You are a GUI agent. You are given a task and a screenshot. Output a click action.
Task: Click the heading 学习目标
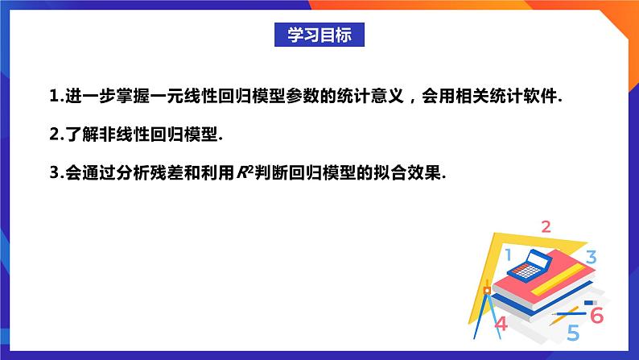[x=319, y=35]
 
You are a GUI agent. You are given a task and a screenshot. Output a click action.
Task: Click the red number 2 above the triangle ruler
[x=546, y=226]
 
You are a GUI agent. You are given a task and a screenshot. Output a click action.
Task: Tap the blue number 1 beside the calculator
[x=509, y=256]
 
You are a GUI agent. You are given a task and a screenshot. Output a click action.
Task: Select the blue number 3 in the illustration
[x=590, y=258]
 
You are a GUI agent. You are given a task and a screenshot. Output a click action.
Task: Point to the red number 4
[x=501, y=324]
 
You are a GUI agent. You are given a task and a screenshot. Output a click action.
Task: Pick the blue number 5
[x=572, y=331]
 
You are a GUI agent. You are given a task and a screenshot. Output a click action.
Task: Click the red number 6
[x=596, y=315]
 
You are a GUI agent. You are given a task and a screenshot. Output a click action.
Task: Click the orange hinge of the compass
[x=486, y=291]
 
